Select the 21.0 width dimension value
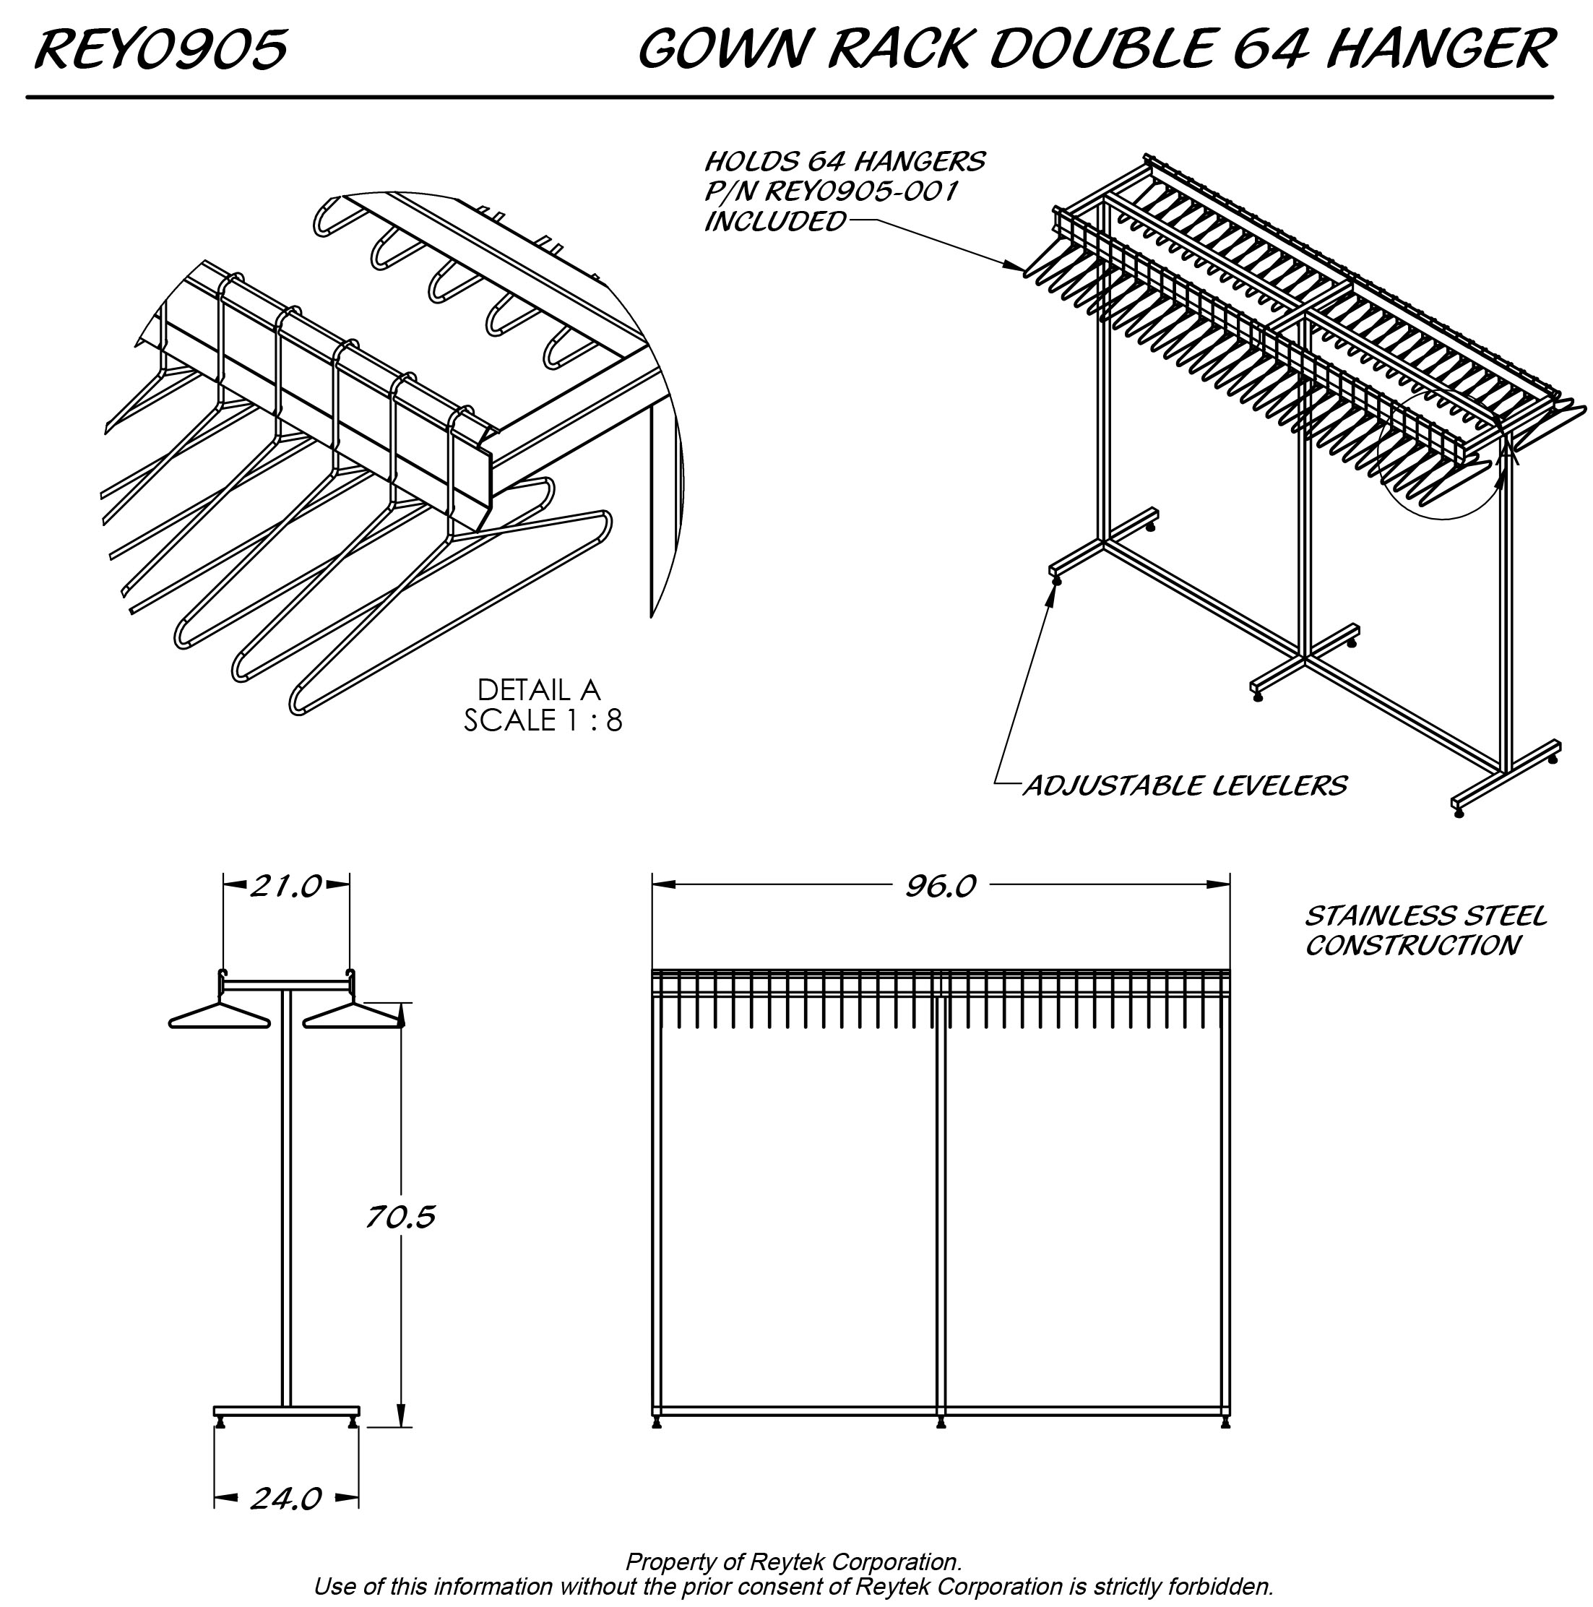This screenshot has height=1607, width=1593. coord(285,887)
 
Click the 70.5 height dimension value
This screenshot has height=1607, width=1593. coord(400,1218)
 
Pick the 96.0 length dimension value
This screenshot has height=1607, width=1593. coord(940,887)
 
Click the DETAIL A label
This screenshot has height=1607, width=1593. coord(538,689)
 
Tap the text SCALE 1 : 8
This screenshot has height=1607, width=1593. coord(543,720)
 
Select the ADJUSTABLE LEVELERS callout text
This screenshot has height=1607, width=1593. coord(1185,785)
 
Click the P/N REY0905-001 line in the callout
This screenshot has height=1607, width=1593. coord(830,191)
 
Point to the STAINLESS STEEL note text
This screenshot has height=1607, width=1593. coord(1425,915)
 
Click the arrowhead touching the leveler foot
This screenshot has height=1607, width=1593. coord(1053,593)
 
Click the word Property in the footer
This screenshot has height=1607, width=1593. coord(665,1562)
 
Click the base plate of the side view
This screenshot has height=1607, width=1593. coord(286,1410)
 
